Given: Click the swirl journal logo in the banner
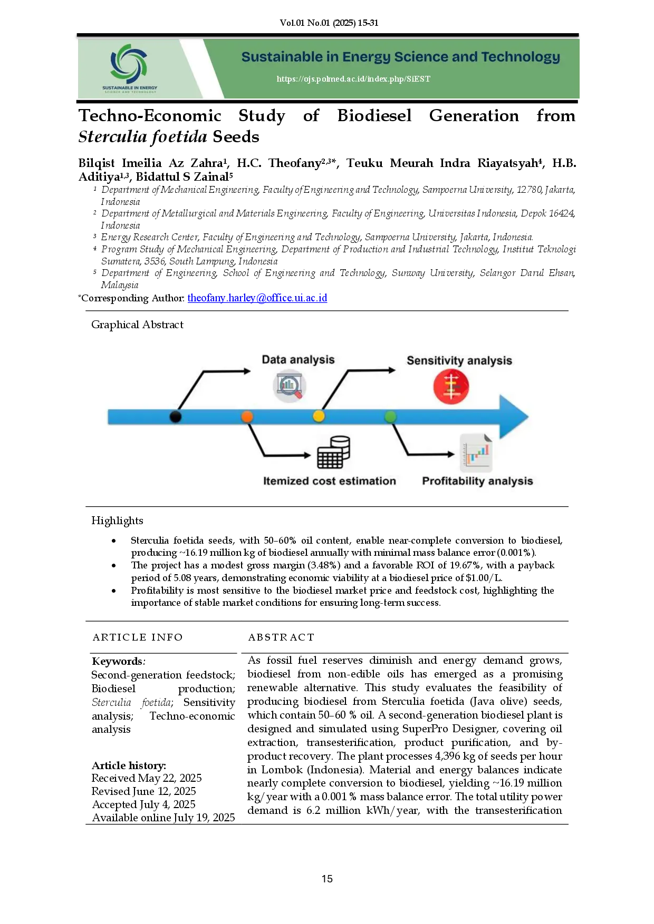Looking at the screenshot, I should pos(129,62).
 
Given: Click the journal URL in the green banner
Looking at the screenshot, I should pos(353,79).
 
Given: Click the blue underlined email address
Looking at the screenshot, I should pos(257,298).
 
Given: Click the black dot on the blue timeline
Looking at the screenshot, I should pos(176,417).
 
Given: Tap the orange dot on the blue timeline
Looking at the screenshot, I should pos(247,417).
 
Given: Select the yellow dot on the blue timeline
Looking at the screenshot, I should pos(319,416).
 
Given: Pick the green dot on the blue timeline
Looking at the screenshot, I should pos(390,417).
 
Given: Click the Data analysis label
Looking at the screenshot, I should pos(298,360).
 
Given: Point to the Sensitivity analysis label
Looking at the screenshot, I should pos(459,361).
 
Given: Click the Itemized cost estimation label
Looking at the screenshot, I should pos(329,481).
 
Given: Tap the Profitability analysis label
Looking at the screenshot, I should pos(477,481).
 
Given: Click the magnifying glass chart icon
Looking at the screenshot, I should pos(290,386).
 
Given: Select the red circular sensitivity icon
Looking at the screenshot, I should pos(451,386).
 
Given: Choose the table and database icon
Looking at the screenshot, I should pos(333,452).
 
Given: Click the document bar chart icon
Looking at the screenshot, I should pos(476,453).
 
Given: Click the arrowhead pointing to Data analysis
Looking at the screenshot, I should pos(247,371).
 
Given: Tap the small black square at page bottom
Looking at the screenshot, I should pos(327,878).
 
